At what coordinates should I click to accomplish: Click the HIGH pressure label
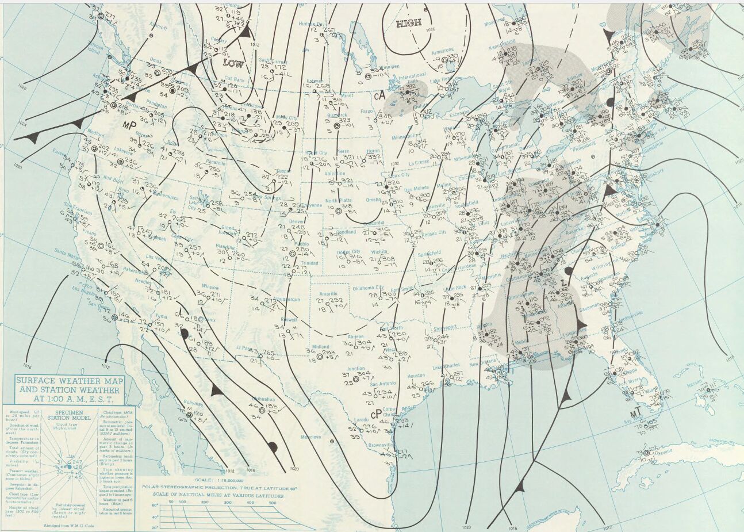pos(408,23)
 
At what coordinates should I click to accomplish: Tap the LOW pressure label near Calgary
pos(232,63)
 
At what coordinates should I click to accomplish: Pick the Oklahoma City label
pos(367,288)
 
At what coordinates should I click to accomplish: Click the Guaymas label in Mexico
pos(194,403)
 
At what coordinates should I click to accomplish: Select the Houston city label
pos(416,376)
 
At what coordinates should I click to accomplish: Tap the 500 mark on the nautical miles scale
pos(272,502)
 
